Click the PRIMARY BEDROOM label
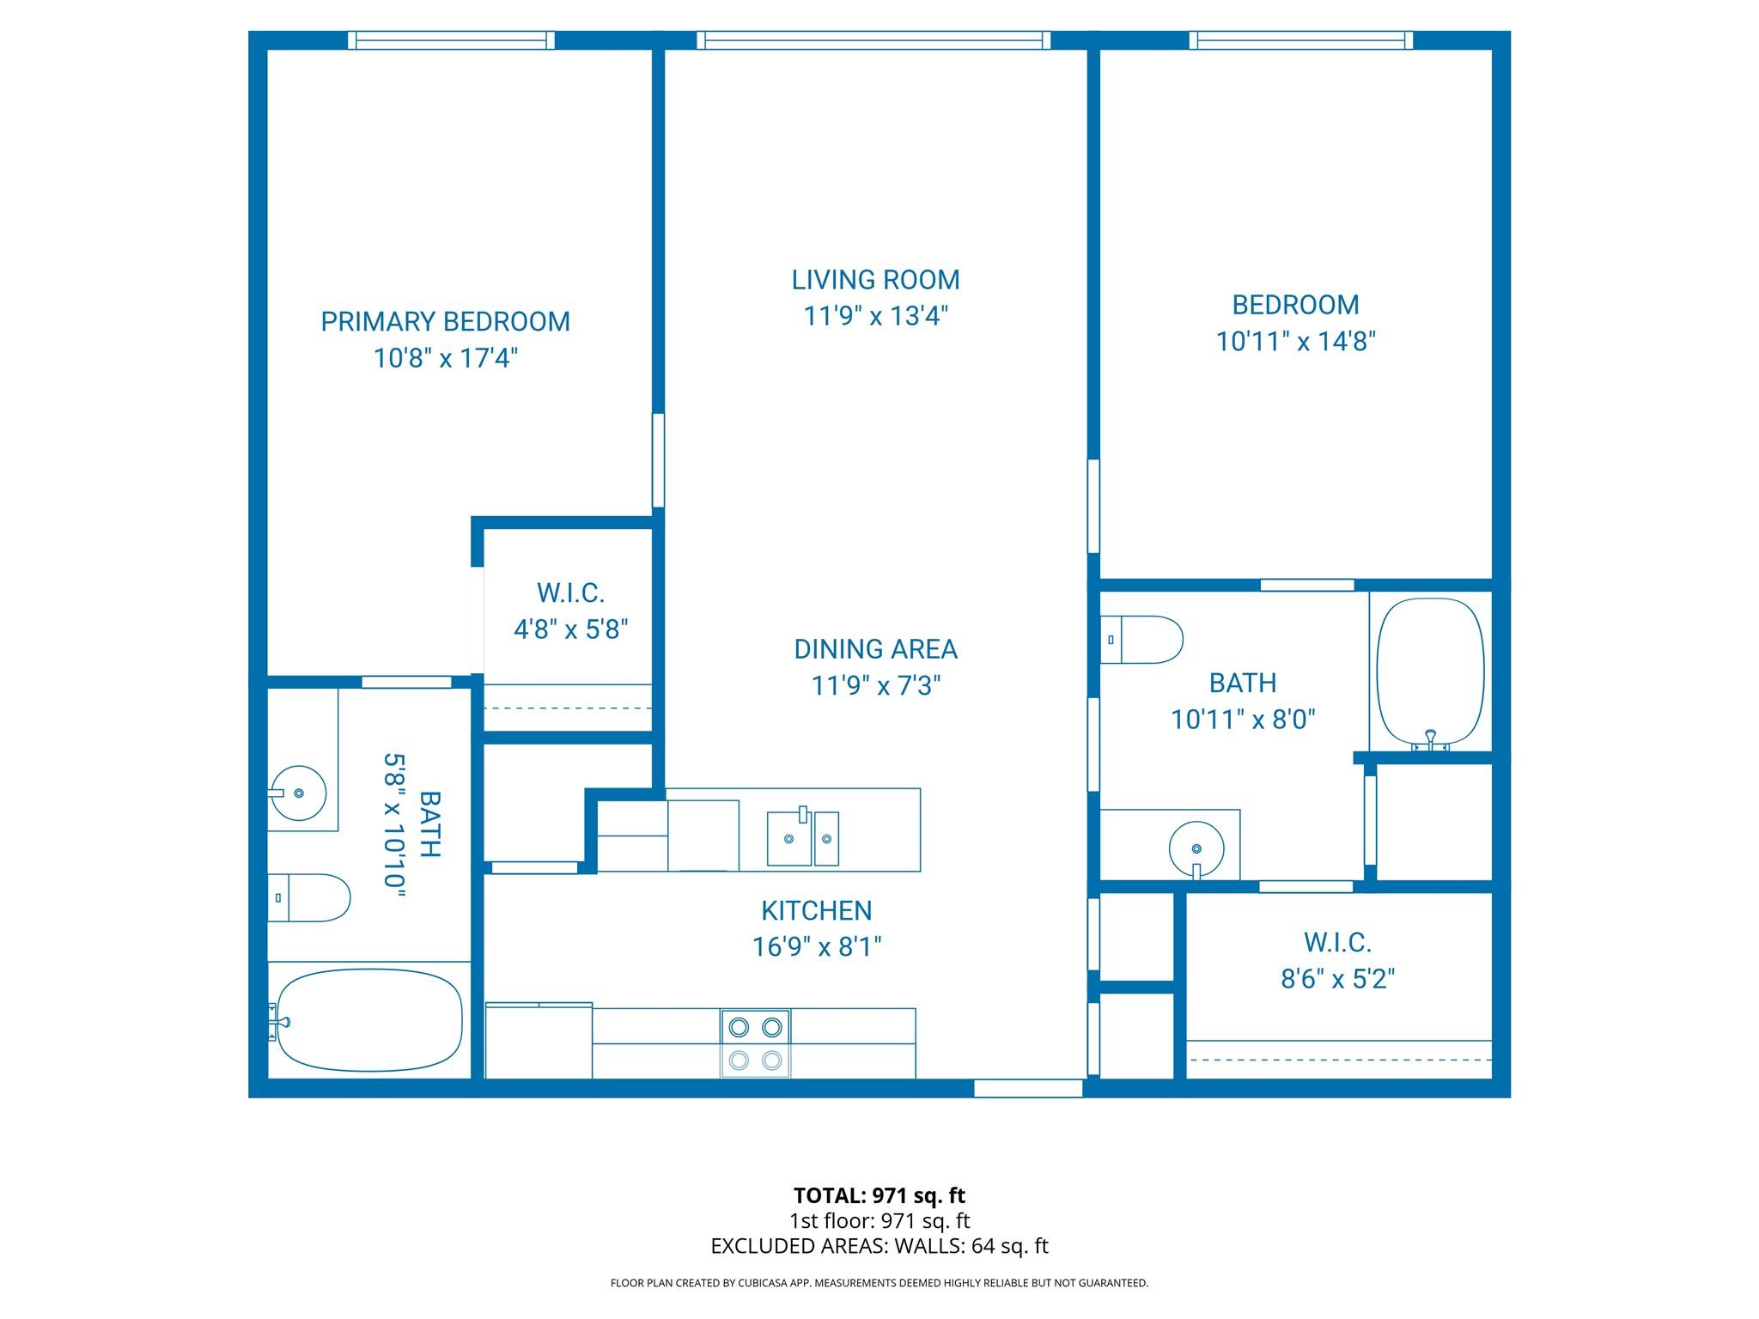(x=445, y=322)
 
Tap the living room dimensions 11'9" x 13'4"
(x=875, y=317)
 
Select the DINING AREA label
(x=875, y=649)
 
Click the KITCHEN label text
(x=816, y=910)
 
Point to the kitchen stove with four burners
(x=755, y=1043)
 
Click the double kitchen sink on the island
(x=802, y=838)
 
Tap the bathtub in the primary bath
(x=369, y=1019)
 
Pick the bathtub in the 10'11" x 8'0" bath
(x=1430, y=671)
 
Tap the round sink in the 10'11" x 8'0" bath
(x=1196, y=848)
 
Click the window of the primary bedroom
(x=451, y=40)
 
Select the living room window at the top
(x=873, y=40)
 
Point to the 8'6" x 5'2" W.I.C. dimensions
(x=1337, y=979)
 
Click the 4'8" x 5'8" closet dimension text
(x=571, y=630)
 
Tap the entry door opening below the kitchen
(x=1027, y=1088)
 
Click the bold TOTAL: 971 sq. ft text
(x=879, y=1195)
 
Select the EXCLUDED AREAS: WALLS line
(x=879, y=1246)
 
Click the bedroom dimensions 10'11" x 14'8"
(x=1295, y=343)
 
